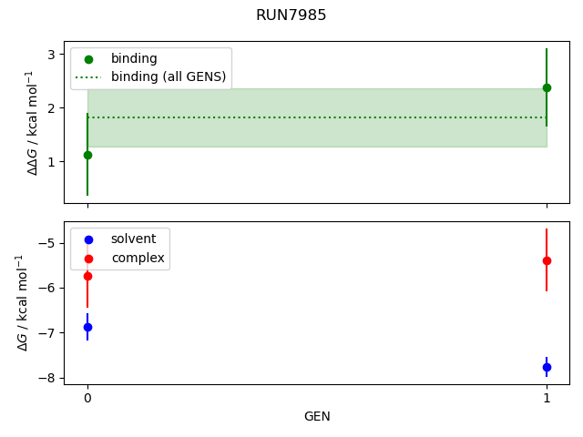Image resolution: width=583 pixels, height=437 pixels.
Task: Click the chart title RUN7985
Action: click(291, 15)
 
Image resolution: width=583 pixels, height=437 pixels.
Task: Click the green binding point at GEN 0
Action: click(87, 155)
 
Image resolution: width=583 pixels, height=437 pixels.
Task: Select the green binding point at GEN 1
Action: click(547, 87)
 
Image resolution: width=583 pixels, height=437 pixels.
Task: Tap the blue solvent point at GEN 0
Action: click(87, 327)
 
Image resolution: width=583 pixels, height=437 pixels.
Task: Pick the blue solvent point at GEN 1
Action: click(547, 367)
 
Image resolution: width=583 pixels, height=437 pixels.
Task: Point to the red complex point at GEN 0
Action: click(87, 276)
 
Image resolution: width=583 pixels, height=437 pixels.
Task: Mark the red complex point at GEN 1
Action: click(547, 260)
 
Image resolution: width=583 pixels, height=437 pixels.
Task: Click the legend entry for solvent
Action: click(133, 239)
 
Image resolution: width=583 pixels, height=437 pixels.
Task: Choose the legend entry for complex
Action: click(138, 258)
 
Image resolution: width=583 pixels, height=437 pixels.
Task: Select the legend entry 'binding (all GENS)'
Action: click(168, 76)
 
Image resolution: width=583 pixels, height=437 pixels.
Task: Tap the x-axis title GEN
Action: click(317, 416)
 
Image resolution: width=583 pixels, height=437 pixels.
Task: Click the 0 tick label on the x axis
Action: click(87, 397)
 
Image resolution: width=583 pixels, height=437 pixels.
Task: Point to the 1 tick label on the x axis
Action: click(547, 397)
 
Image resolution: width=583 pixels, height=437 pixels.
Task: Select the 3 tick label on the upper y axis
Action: click(51, 55)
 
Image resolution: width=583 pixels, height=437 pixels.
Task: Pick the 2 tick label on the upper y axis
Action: click(51, 108)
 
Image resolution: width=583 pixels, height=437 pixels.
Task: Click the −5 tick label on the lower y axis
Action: click(47, 243)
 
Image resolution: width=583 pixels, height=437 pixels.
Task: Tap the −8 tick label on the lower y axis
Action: click(47, 378)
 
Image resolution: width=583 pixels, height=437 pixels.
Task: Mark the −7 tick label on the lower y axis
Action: click(47, 333)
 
